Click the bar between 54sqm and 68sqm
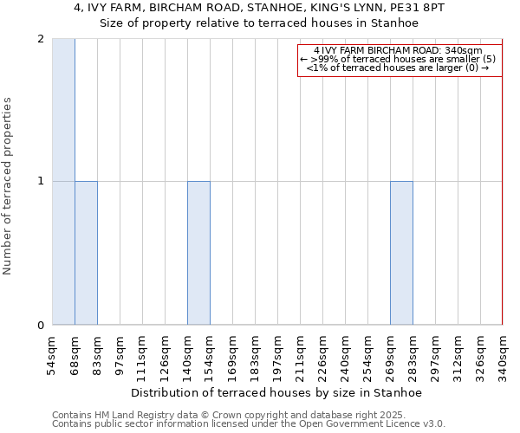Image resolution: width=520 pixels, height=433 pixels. click(63, 182)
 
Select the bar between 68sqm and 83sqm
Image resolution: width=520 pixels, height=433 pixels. click(86, 253)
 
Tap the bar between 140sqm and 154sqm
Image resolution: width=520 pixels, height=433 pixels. click(198, 253)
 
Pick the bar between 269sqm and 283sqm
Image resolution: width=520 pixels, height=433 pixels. click(401, 253)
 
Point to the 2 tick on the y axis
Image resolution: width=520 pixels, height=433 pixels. click(41, 39)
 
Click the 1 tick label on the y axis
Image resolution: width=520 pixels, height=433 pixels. click(41, 181)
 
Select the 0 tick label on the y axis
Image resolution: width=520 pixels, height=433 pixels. click(41, 326)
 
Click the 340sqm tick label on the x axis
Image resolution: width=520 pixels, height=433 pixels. click(504, 355)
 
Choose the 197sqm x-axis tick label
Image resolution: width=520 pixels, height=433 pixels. click(278, 355)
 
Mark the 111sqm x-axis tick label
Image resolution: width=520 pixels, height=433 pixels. click(143, 355)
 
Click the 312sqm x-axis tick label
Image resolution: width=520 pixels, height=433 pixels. click(458, 355)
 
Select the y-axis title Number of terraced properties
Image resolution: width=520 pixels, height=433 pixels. click(8, 186)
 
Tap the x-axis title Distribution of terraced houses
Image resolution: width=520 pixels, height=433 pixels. click(277, 392)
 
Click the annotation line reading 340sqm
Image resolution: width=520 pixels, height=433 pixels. click(400, 50)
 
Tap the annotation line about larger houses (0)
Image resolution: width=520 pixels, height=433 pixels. click(400, 68)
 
